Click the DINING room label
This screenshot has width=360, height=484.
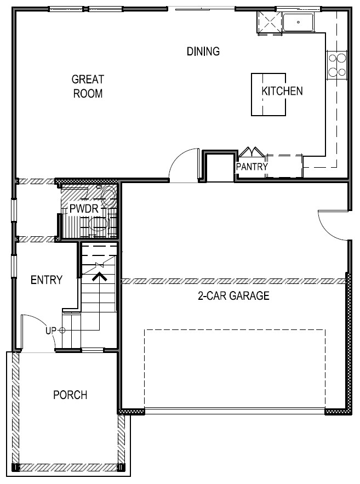pyautogui.click(x=203, y=52)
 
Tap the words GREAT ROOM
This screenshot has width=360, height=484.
pyautogui.click(x=88, y=87)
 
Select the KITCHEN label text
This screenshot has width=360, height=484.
pyautogui.click(x=282, y=91)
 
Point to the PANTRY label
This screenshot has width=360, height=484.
pyautogui.click(x=252, y=167)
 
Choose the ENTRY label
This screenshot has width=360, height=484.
pyautogui.click(x=46, y=280)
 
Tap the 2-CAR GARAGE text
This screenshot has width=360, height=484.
pyautogui.click(x=233, y=296)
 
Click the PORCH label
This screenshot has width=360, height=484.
pyautogui.click(x=70, y=395)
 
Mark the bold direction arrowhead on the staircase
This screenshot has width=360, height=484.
pyautogui.click(x=99, y=277)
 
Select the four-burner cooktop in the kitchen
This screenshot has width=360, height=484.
pyautogui.click(x=337, y=64)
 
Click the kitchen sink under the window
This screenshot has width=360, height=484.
pyautogui.click(x=299, y=23)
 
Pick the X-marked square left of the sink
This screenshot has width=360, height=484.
pyautogui.click(x=268, y=23)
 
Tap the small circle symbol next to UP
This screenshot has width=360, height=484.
pyautogui.click(x=62, y=331)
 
